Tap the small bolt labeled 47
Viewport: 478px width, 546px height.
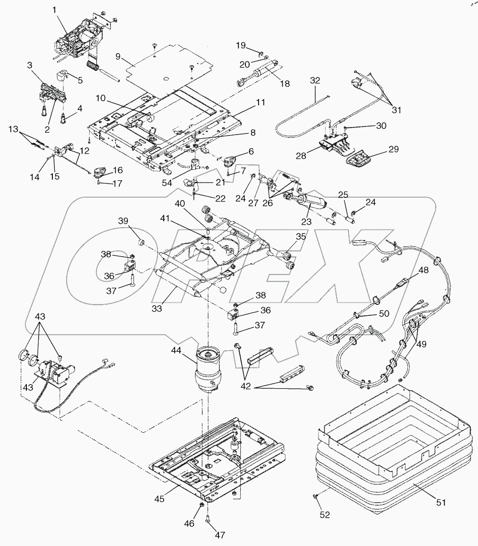208,520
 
